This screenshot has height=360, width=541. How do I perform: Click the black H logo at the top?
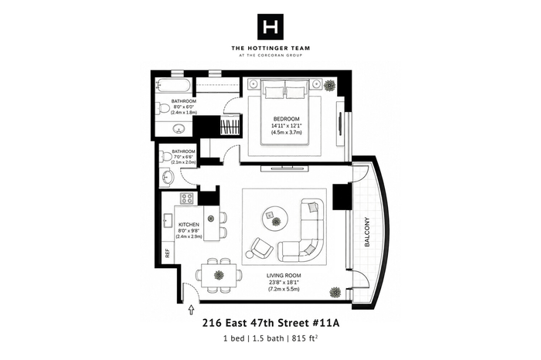270,27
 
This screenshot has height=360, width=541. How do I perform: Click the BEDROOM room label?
287,119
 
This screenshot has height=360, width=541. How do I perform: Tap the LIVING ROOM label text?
284,276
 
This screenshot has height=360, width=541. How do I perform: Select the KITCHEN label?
189,225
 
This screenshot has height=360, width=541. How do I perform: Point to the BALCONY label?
367,232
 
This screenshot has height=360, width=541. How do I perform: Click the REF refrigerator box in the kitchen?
168,253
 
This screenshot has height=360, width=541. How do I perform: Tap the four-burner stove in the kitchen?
188,198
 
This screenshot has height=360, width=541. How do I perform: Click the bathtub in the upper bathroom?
174,85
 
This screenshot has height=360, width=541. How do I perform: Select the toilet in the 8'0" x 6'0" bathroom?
162,108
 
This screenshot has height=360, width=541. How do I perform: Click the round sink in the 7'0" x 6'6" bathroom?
168,177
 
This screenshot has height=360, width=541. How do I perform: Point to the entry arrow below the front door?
191,309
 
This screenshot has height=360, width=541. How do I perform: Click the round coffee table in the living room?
275,219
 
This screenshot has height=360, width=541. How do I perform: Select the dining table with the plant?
219,275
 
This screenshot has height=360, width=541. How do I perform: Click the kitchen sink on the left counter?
168,221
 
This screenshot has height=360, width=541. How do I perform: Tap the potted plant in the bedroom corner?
330,85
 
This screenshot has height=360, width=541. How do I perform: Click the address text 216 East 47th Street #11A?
270,323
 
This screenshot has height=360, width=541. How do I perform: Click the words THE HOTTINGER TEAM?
270,48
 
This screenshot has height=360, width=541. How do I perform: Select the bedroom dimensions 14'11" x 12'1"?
287,125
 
